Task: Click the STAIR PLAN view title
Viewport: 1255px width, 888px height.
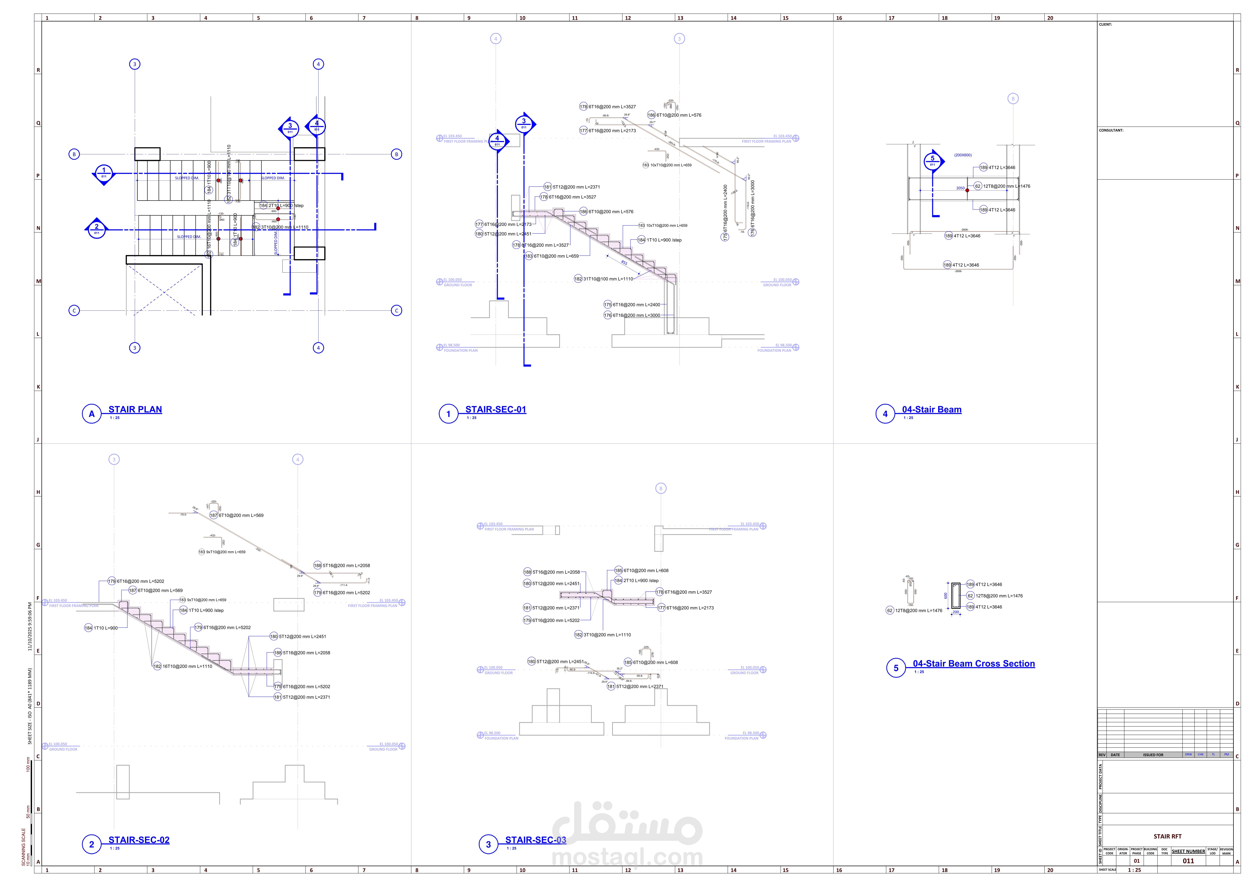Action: pos(135,409)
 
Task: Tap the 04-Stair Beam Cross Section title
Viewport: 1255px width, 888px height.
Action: pos(973,664)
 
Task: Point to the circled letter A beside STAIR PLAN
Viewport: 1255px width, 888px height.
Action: pos(92,414)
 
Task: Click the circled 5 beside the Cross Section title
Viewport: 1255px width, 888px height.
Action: pos(896,668)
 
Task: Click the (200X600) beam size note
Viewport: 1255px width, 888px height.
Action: pos(963,155)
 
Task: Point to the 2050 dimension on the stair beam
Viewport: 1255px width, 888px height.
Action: pos(960,188)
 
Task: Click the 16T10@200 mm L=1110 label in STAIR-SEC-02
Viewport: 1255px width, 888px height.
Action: pos(187,667)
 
